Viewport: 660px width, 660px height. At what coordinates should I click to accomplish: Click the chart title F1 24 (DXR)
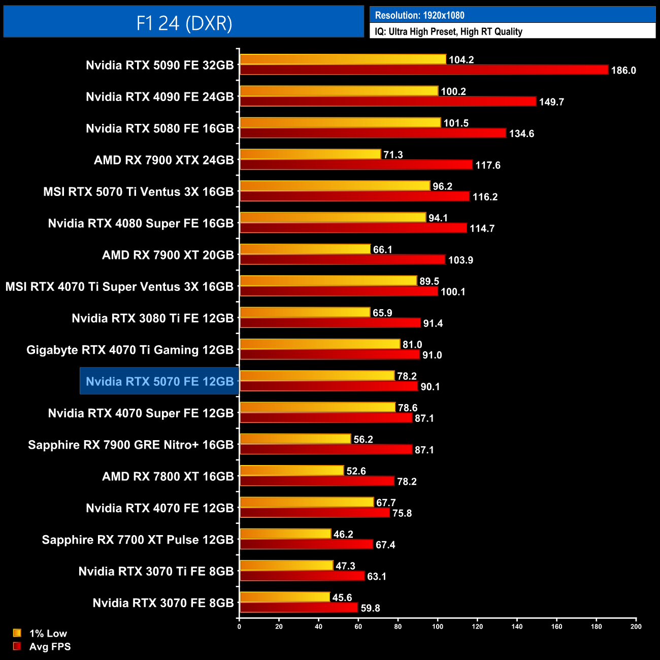(184, 23)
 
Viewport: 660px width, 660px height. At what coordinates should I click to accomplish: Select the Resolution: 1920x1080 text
(419, 15)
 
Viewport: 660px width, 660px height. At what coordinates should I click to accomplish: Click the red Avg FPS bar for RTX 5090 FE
(424, 70)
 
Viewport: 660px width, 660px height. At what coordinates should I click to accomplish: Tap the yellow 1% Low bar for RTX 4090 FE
(339, 91)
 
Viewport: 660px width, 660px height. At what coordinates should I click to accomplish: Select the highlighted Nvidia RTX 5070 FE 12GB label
(159, 381)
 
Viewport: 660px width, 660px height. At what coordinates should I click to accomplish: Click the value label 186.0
(623, 71)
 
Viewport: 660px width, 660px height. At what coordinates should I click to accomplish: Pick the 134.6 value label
(521, 134)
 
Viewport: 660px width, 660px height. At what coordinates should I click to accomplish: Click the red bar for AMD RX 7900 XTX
(356, 165)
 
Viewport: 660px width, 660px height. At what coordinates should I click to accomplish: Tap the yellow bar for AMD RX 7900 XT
(305, 249)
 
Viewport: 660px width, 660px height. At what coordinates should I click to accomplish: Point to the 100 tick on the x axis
(438, 626)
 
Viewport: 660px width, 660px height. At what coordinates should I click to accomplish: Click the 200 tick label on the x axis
(636, 626)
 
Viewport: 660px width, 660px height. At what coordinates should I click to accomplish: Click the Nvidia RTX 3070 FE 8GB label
(163, 603)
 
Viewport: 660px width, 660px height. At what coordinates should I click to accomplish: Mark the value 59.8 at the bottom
(370, 608)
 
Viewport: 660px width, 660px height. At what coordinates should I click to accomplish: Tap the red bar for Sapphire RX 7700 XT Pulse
(306, 544)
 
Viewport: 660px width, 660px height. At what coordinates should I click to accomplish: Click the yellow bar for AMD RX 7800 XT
(292, 471)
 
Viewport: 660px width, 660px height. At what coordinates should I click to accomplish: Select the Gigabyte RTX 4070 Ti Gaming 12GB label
(130, 350)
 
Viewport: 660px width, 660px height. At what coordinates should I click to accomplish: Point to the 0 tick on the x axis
(239, 626)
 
